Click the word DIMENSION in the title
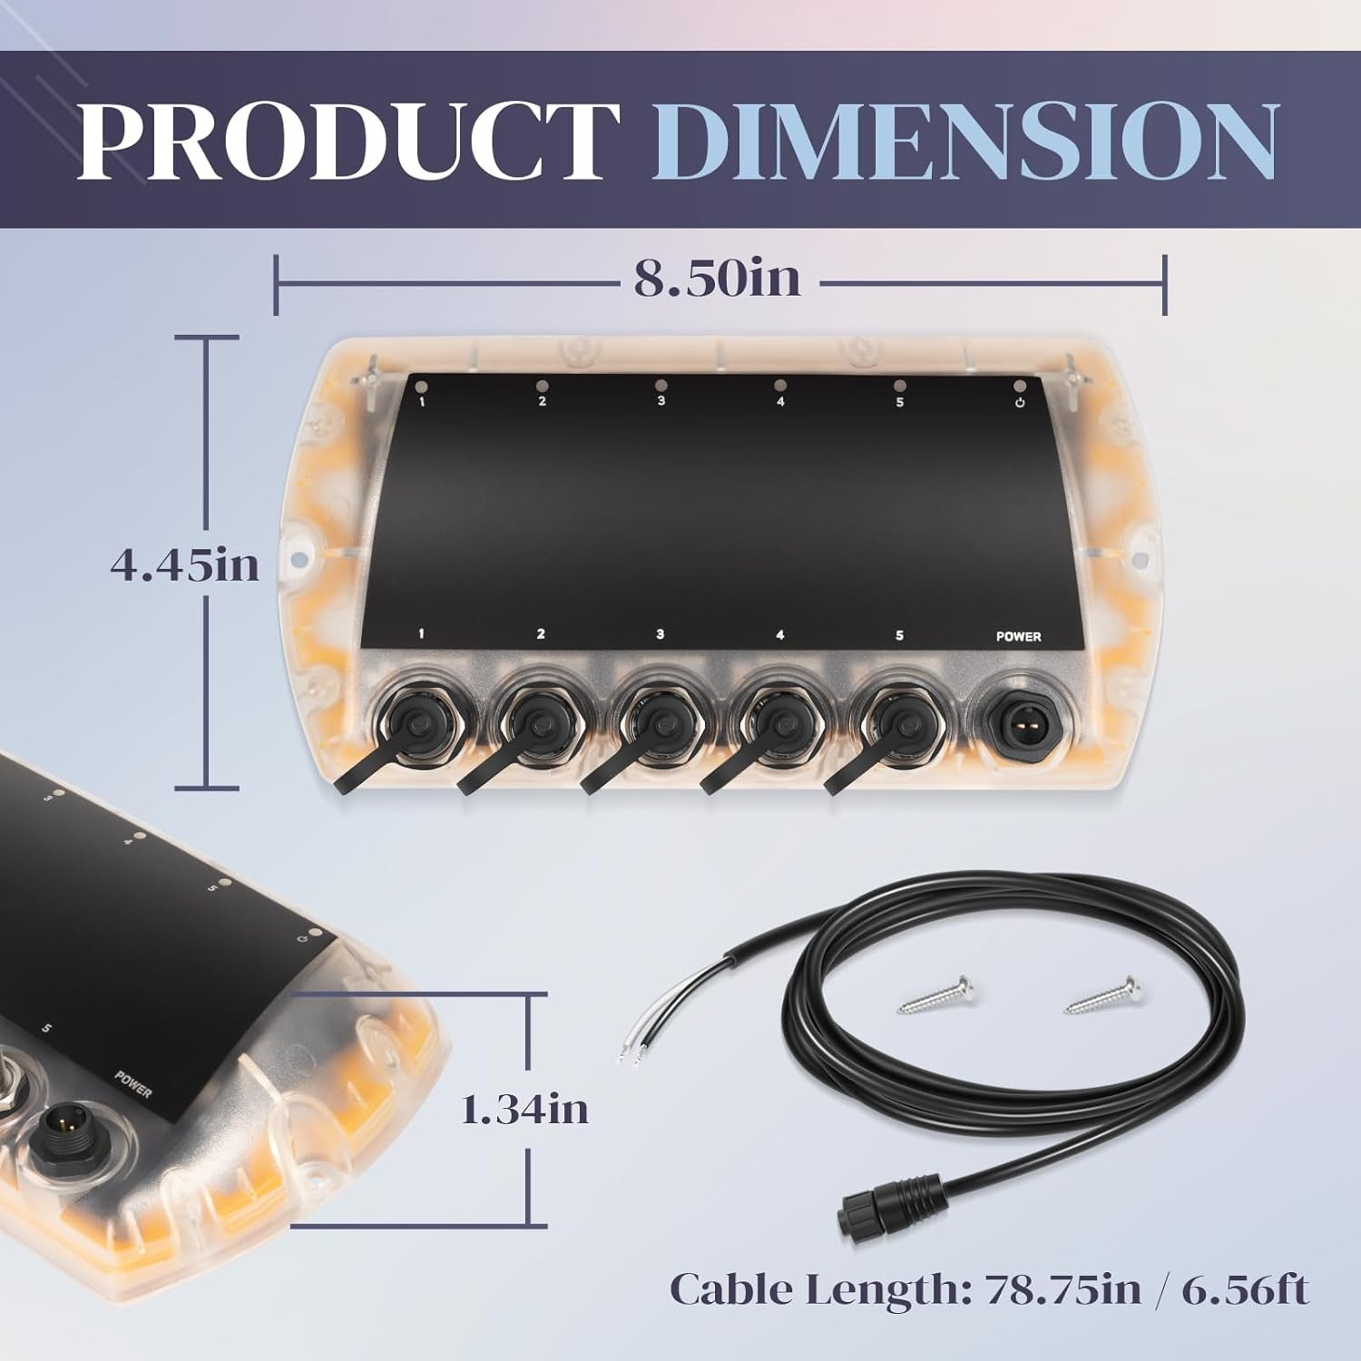975,141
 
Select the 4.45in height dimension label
185,565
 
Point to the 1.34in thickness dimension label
524,1109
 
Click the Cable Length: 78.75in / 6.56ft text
989,1288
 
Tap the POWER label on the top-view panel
1018,636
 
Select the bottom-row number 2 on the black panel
541,633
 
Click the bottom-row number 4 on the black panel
779,634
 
